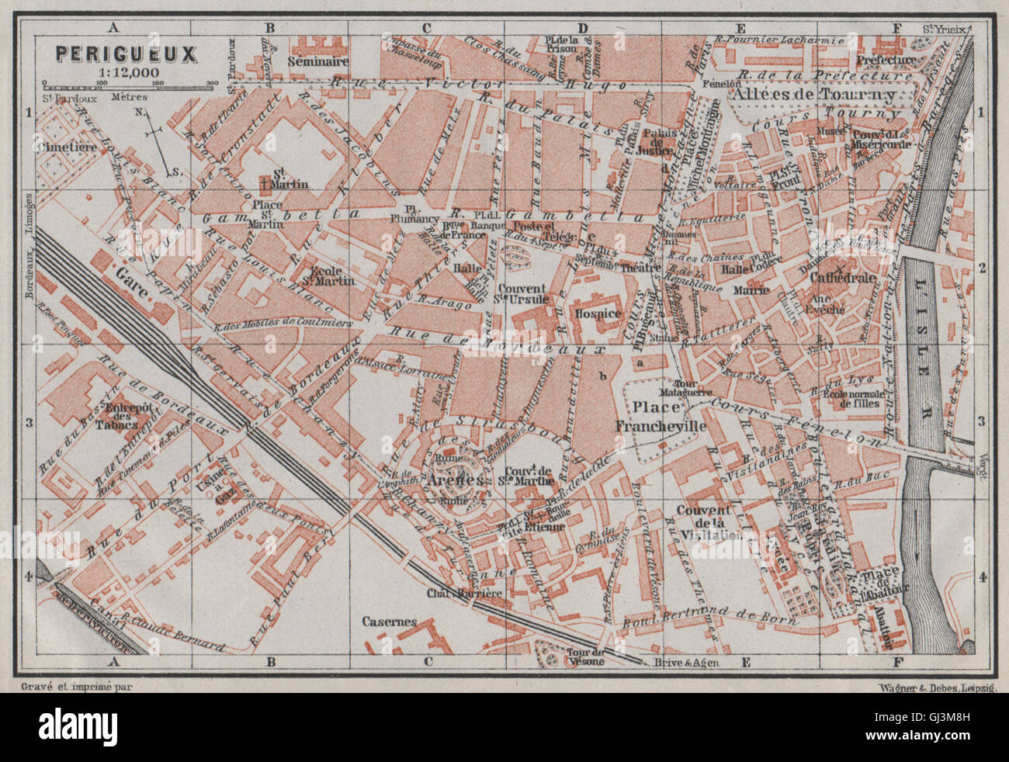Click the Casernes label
point(390,622)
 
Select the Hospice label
point(598,313)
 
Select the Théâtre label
point(640,268)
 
